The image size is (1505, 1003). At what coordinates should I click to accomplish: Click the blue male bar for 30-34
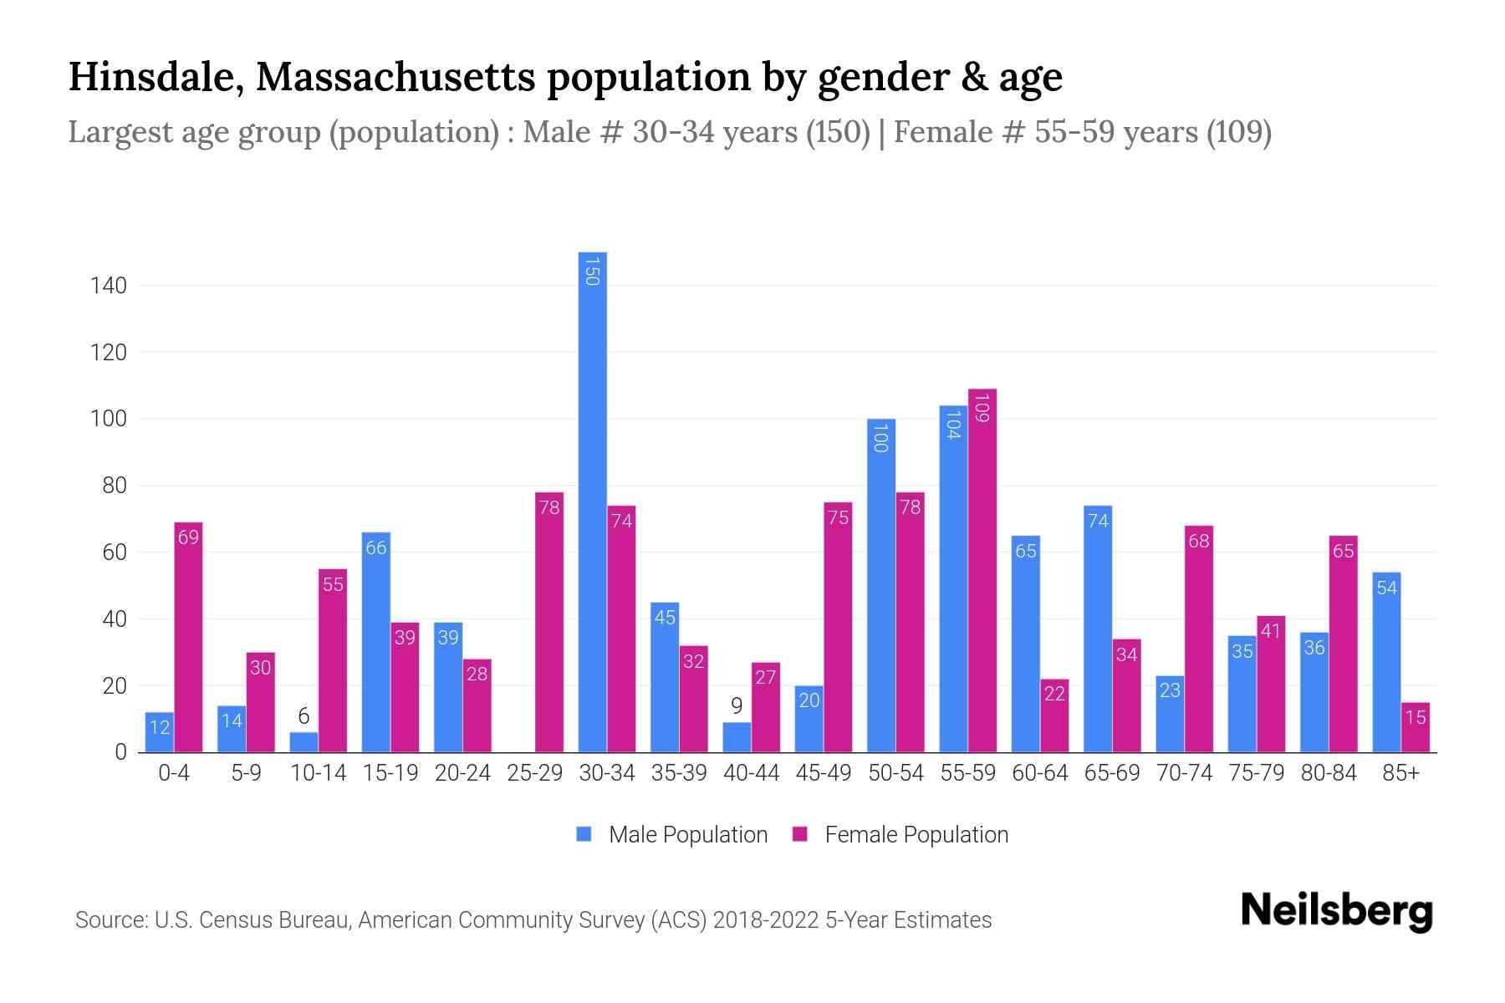coord(593,501)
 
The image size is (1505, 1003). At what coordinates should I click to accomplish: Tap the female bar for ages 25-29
coord(549,623)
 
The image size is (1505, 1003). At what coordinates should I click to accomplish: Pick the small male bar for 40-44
coord(737,737)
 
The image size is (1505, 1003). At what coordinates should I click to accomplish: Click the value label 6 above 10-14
coord(304,716)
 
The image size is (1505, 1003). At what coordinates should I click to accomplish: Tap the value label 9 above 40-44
coord(737,706)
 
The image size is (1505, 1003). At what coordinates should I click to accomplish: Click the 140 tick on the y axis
coord(109,286)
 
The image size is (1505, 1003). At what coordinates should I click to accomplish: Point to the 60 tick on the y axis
coord(114,552)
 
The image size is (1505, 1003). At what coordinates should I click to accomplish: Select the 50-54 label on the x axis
coord(895,773)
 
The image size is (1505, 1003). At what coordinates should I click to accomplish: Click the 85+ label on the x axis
coord(1400,773)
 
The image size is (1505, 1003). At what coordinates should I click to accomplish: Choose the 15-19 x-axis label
coord(390,773)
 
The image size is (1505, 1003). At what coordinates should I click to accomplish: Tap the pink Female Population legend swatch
coord(800,834)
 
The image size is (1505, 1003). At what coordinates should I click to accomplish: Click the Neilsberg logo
coord(1336,911)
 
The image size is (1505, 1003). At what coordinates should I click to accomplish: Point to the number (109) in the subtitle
coord(1239,132)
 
